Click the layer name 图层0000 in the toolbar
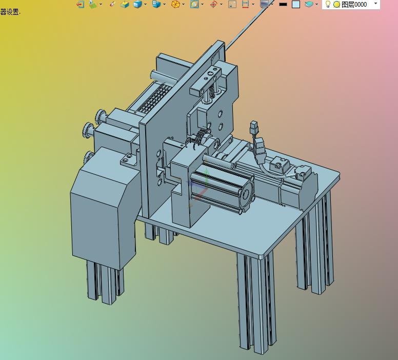tap(354, 5)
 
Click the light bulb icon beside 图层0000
tap(328, 4)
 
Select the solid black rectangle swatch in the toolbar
tap(283, 4)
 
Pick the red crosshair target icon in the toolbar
tap(213, 4)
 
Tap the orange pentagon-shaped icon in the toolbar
tap(175, 4)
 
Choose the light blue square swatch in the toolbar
tap(296, 4)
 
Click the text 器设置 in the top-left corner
tap(10, 12)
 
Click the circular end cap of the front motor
tap(246, 194)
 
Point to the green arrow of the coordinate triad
tap(207, 176)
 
